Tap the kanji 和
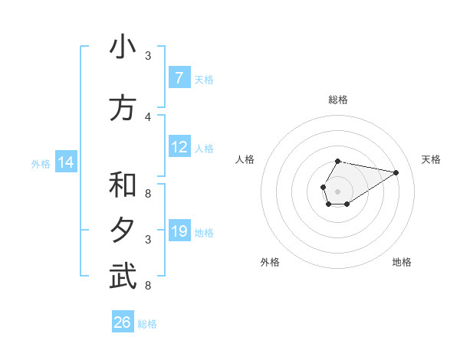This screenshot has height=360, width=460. tap(123, 186)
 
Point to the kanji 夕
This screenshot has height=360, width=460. tap(123, 231)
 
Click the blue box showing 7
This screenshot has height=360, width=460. tap(179, 78)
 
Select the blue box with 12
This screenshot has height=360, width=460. tap(179, 147)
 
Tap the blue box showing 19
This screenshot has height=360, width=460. tap(179, 231)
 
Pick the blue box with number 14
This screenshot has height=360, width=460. tap(66, 162)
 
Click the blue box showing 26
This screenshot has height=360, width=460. tap(123, 322)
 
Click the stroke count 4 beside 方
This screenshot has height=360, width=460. tap(148, 116)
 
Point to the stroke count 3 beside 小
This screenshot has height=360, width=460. tap(148, 55)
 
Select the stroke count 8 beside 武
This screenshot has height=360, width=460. tap(148, 286)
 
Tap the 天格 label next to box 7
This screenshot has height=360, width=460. tap(204, 79)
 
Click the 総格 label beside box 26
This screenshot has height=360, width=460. tap(147, 324)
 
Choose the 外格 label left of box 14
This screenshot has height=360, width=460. tap(41, 163)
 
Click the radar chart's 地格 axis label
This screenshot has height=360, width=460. tap(402, 262)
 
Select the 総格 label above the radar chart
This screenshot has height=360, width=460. tap(337, 100)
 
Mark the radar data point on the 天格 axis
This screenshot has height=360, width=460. tap(396, 172)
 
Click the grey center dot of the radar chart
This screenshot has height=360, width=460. tap(337, 191)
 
